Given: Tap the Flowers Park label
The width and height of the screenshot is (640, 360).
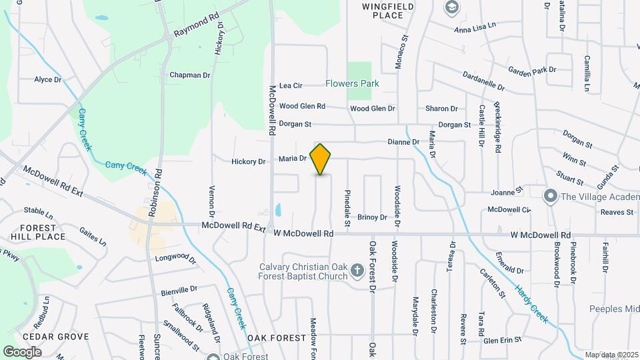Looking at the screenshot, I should [352, 84].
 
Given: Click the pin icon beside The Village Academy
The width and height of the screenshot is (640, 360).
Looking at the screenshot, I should [550, 196].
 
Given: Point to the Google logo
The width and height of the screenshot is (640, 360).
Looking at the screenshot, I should [23, 351].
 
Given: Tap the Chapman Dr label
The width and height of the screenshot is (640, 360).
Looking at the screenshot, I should [190, 75].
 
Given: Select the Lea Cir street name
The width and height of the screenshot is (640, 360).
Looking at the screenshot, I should [291, 85].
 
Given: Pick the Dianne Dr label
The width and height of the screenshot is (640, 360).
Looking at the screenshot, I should [404, 142].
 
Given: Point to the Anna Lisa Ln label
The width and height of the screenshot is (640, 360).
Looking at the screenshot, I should [475, 26].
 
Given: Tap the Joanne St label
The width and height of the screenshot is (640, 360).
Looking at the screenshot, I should [507, 192].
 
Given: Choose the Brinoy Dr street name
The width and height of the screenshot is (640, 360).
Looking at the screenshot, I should [372, 217].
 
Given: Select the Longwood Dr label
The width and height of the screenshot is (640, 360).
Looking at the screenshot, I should [176, 258].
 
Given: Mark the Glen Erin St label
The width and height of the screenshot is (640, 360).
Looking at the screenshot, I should [502, 340].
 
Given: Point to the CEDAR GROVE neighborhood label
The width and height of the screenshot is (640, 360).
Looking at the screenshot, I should [46, 337].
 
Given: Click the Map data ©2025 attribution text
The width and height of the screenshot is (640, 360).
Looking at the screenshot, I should [609, 355].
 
